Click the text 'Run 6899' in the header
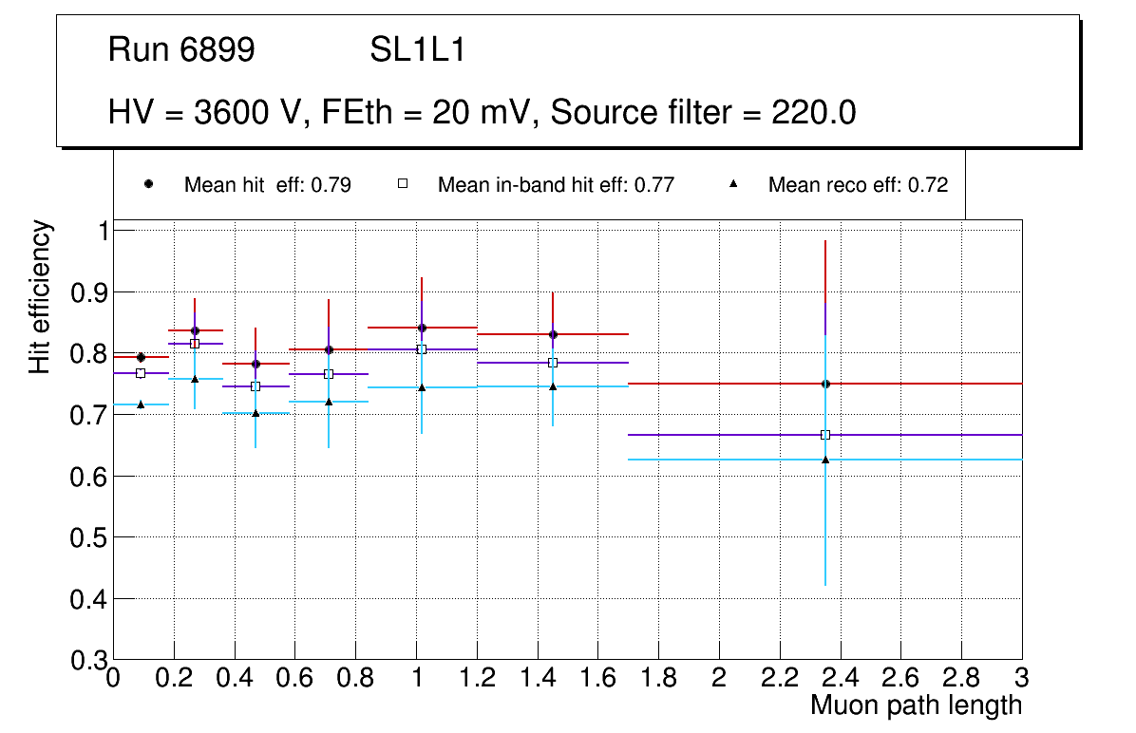pyautogui.click(x=181, y=50)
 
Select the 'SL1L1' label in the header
pyautogui.click(x=417, y=50)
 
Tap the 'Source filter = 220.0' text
pyautogui.click(x=704, y=114)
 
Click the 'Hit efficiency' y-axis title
pyautogui.click(x=40, y=296)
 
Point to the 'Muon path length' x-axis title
pyautogui.click(x=916, y=705)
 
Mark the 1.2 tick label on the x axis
pyautogui.click(x=477, y=678)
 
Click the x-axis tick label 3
pyautogui.click(x=1022, y=678)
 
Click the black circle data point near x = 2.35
pyautogui.click(x=825, y=384)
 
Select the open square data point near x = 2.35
pyautogui.click(x=825, y=435)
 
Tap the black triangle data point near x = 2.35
pyautogui.click(x=825, y=460)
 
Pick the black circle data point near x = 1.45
pyautogui.click(x=553, y=334)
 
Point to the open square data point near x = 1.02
pyautogui.click(x=422, y=349)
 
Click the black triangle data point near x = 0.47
pyautogui.click(x=256, y=413)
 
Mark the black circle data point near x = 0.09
pyautogui.click(x=141, y=357)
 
